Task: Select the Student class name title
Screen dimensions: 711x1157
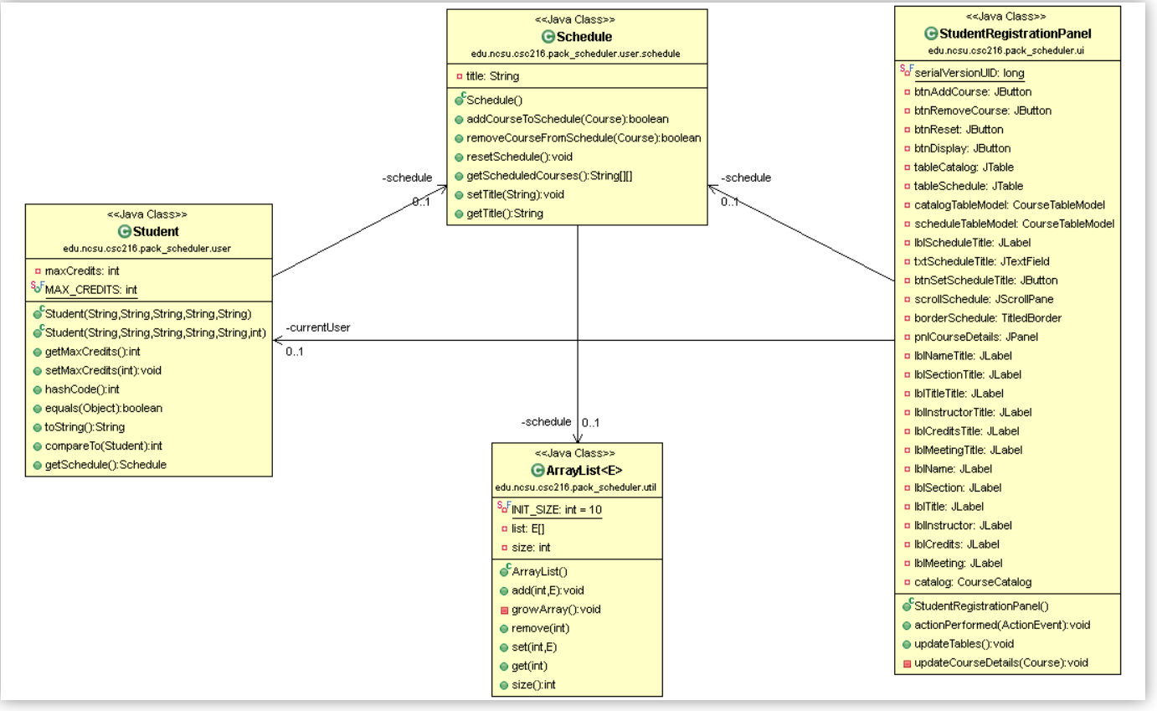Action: coord(155,232)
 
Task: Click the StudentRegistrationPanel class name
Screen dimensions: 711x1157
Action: coord(1015,34)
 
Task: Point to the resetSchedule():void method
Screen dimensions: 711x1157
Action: coord(519,157)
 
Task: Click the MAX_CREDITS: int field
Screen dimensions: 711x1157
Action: coord(90,290)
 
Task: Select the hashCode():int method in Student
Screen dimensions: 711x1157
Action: coord(81,389)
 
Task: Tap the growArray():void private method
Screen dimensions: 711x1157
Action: coord(556,610)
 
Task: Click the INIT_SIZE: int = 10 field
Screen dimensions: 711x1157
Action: coord(556,509)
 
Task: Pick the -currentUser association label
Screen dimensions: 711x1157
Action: coord(318,327)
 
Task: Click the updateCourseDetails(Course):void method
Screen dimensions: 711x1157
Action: coord(1001,662)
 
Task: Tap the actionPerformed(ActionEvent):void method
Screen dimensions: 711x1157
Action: coord(1002,625)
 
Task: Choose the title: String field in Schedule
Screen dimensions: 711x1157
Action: coord(492,76)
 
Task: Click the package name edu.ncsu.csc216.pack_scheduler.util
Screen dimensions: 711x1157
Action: coord(577,487)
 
